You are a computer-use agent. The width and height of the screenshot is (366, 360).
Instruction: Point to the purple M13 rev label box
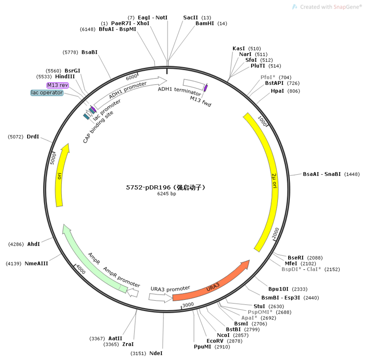pyautogui.click(x=57, y=85)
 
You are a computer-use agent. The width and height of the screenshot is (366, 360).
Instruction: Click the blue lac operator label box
pyautogui.click(x=47, y=93)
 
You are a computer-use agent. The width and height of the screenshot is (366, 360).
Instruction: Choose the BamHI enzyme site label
pyautogui.click(x=205, y=23)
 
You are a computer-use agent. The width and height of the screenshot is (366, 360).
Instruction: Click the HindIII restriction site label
pyautogui.click(x=65, y=76)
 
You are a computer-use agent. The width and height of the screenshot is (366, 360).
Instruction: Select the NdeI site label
pyautogui.click(x=156, y=353)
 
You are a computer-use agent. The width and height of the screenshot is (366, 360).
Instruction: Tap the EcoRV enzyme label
pyautogui.click(x=215, y=341)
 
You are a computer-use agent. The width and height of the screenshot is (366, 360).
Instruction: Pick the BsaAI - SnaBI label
pyautogui.click(x=322, y=174)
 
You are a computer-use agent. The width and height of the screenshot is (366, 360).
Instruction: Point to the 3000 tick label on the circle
pyautogui.click(x=188, y=305)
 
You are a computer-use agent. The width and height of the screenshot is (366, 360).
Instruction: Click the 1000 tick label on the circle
pyautogui.click(x=262, y=121)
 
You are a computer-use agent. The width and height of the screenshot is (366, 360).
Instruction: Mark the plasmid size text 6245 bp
pyautogui.click(x=166, y=194)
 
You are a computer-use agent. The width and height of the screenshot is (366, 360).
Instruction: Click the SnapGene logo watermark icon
pyautogui.click(x=295, y=7)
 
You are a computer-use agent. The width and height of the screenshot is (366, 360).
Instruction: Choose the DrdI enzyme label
pyautogui.click(x=33, y=137)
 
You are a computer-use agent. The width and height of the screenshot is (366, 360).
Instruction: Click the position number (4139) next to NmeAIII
pyautogui.click(x=14, y=264)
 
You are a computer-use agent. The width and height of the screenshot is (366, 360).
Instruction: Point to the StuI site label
pyautogui.click(x=259, y=306)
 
